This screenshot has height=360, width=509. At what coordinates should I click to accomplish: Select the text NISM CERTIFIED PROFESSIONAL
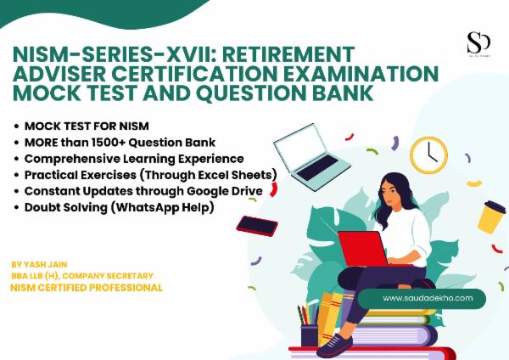click(86, 288)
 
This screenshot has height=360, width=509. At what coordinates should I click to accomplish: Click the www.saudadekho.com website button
click(422, 298)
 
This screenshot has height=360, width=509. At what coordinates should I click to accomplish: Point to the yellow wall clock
click(428, 154)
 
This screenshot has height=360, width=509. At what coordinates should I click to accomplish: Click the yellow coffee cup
click(491, 217)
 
